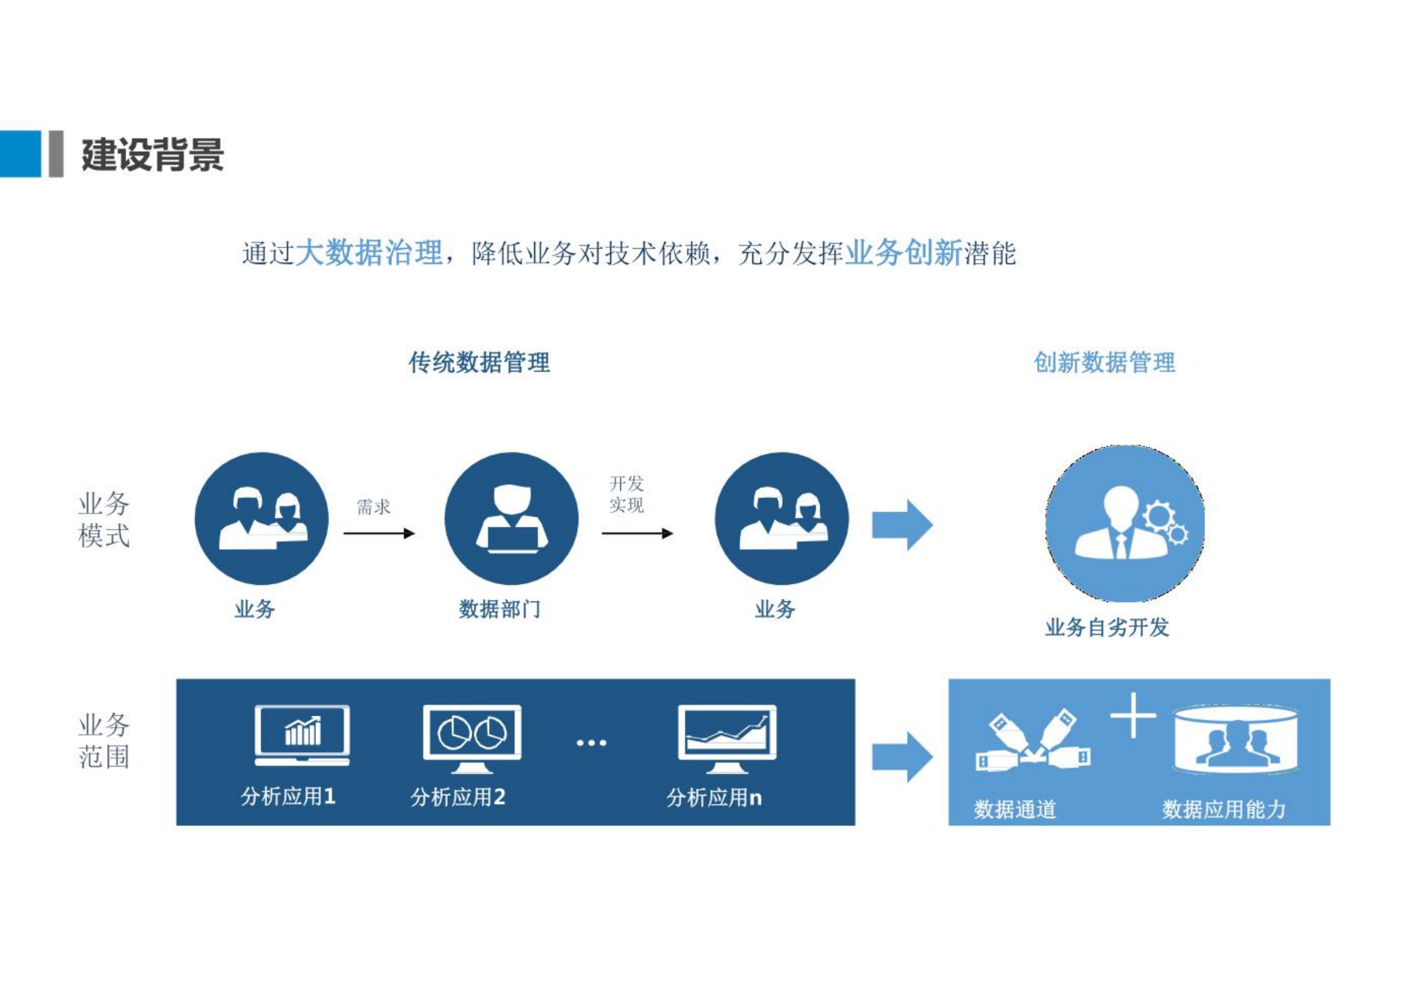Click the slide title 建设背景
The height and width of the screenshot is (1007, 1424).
point(152,154)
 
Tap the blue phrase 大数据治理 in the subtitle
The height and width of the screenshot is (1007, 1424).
point(369,253)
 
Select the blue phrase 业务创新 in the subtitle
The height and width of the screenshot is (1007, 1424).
point(903,253)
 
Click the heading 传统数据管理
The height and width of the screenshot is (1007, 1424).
point(479,362)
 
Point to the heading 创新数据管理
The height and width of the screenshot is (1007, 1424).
point(1104,362)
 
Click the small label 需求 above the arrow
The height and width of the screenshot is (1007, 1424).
point(373,506)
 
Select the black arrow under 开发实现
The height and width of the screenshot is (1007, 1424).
point(637,533)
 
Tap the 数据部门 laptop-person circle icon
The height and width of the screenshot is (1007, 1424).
point(511,518)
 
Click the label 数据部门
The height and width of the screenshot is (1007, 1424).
point(500,609)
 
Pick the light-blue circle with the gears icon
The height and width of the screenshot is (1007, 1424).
point(1125,523)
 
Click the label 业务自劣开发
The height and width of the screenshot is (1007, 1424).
point(1107,627)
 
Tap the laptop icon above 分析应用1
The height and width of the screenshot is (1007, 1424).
point(302,735)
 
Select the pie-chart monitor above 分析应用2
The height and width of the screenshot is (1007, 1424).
point(472,738)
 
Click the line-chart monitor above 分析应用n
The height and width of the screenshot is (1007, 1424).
point(727,738)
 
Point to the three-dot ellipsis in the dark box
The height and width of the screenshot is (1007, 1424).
point(591,742)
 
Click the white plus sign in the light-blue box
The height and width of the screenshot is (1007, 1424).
point(1133,715)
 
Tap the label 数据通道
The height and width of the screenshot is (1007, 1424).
point(1015,809)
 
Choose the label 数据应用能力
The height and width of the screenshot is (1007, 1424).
point(1224,809)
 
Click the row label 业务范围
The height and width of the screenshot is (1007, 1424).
point(103,740)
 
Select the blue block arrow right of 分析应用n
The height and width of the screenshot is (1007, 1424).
point(902,757)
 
